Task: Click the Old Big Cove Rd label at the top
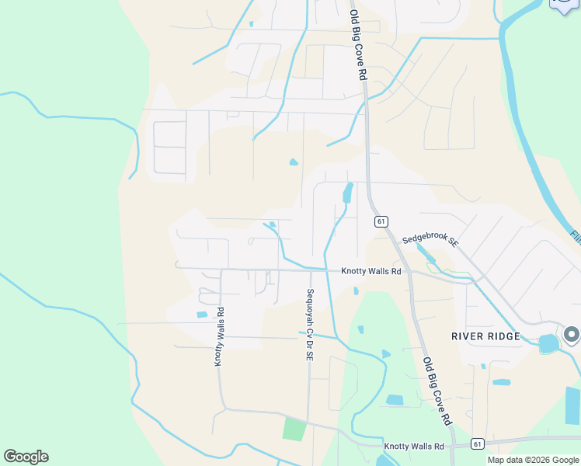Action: point(357,46)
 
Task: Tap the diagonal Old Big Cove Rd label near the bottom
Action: point(437,391)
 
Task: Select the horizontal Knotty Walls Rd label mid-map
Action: point(371,272)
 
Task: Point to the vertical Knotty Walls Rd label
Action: point(220,337)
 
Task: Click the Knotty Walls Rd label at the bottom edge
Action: point(413,447)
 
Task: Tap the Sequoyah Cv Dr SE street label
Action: point(309,325)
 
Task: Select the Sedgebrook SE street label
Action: point(430,242)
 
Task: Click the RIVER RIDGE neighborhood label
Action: point(485,336)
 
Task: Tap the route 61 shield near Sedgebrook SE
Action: point(381,221)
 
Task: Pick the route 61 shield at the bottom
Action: point(477,443)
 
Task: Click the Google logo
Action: point(26,457)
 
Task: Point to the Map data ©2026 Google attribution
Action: point(532,460)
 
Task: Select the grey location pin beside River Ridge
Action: point(572,335)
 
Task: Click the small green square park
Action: point(294,429)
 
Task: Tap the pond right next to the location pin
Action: point(548,343)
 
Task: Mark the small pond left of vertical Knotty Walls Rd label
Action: point(202,315)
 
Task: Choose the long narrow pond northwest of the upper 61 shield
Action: point(347,193)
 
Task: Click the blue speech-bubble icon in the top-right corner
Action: point(565,5)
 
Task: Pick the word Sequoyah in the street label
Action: point(309,308)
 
